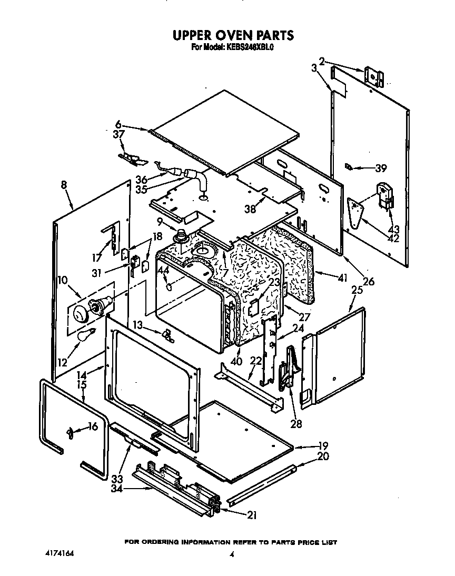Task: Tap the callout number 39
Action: point(380,168)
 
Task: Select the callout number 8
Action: point(64,185)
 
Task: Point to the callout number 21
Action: point(251,515)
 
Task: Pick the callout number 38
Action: point(251,208)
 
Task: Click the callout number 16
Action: point(93,426)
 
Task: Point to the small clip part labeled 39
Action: point(348,167)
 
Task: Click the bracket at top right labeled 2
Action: point(374,76)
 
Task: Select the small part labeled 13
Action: point(167,335)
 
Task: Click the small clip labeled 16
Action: point(70,432)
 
